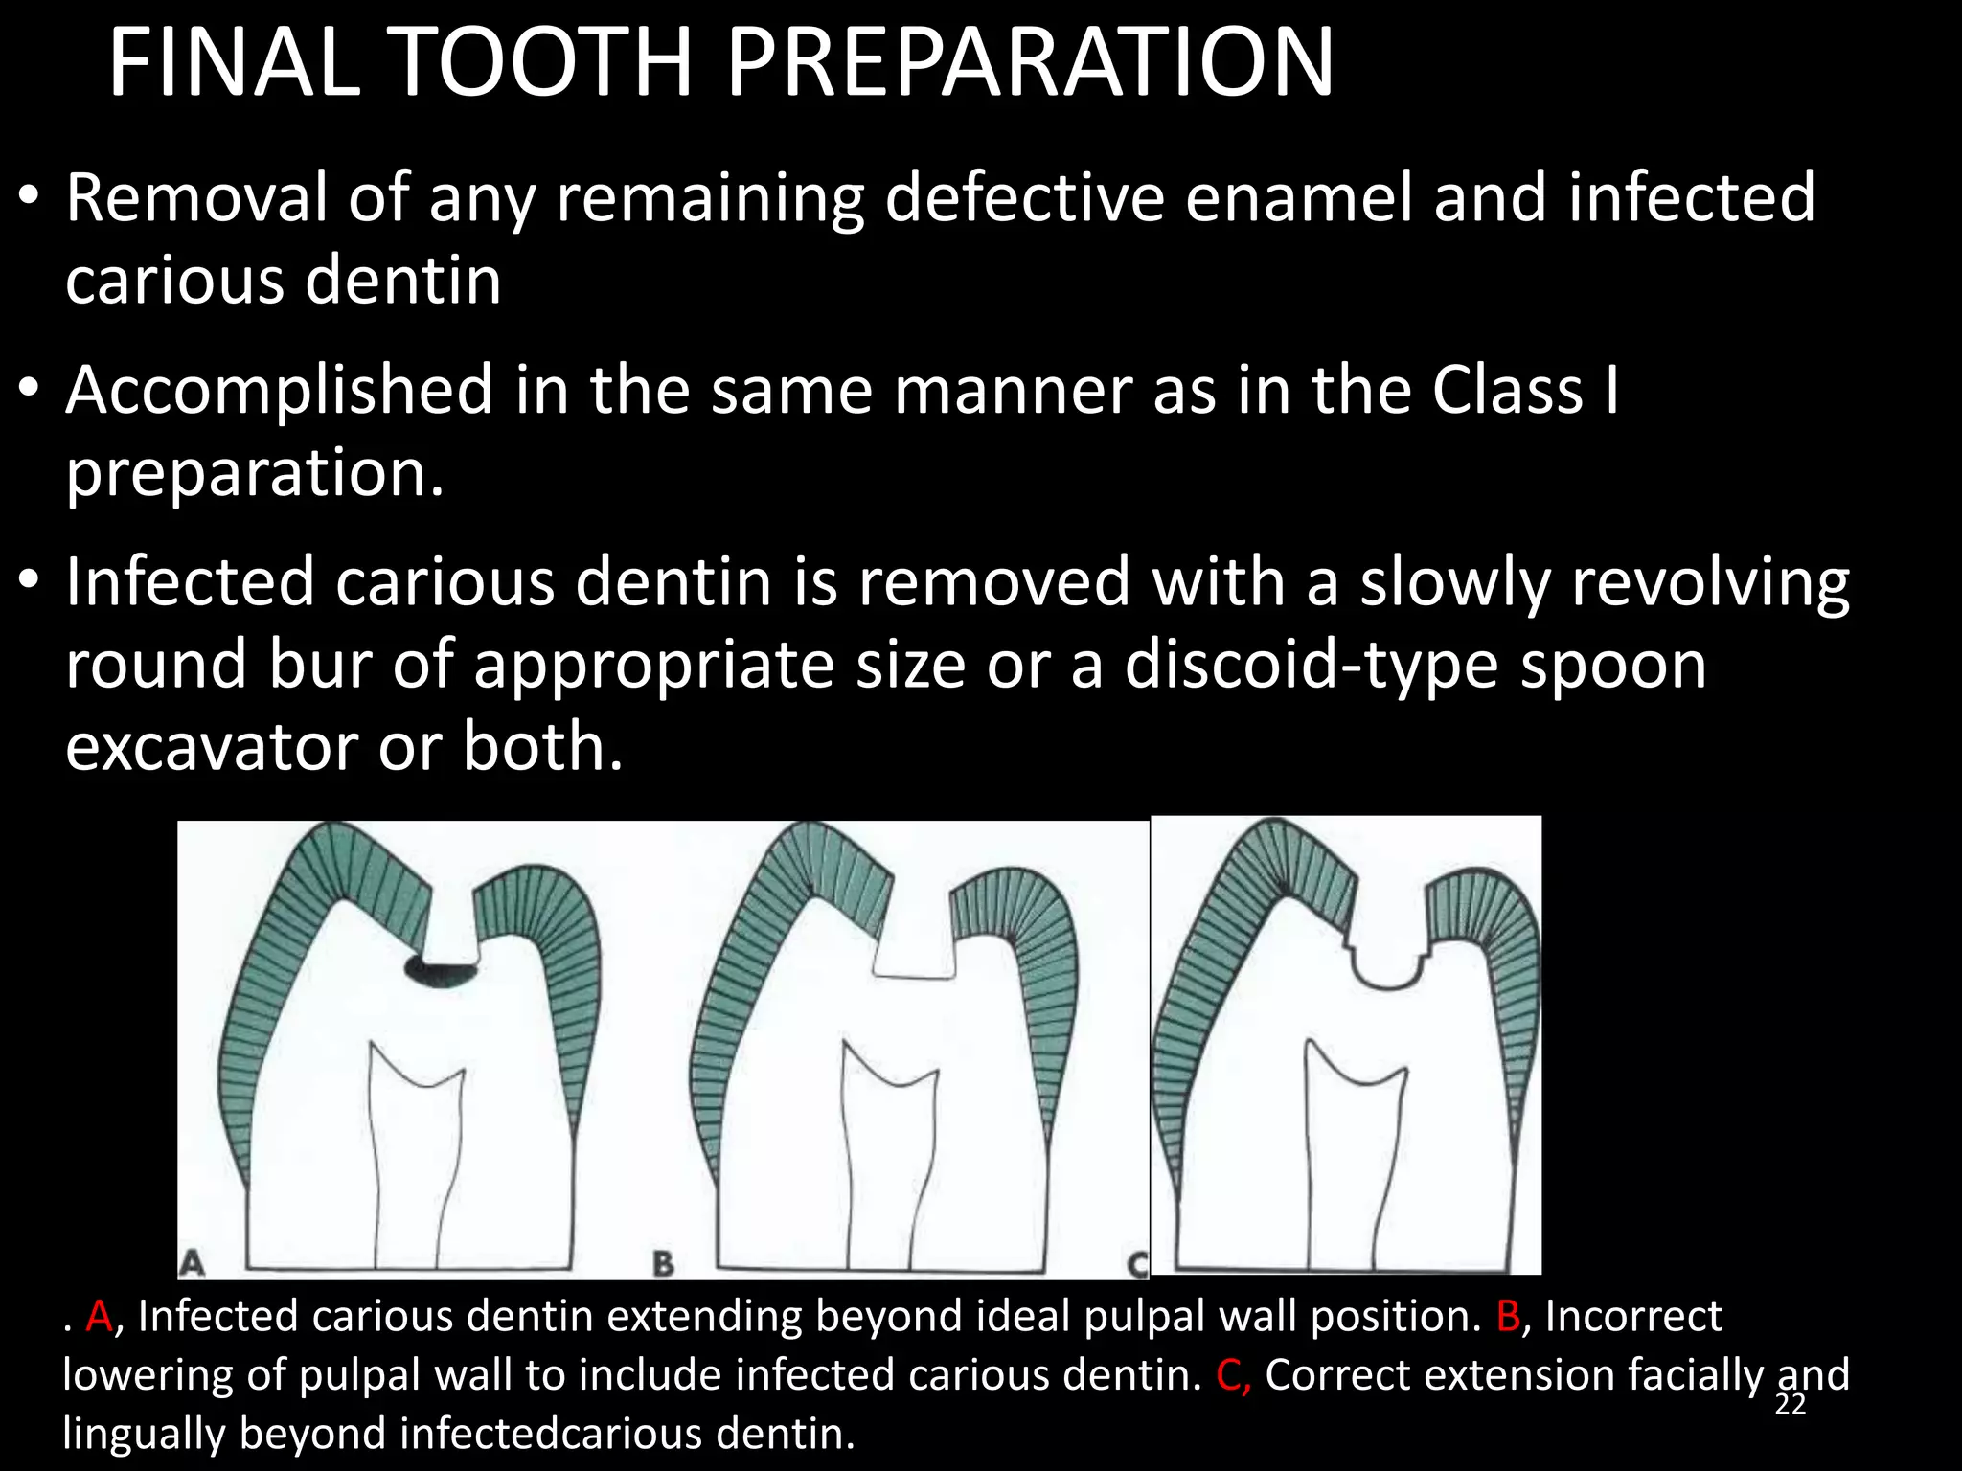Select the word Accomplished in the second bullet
[279, 392]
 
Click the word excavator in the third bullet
[211, 747]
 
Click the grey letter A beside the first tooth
[193, 1262]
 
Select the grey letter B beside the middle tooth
[663, 1263]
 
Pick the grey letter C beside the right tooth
[1137, 1264]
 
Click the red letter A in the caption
[99, 1317]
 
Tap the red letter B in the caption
[1508, 1317]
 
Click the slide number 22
[1790, 1404]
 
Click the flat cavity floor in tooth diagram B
[914, 976]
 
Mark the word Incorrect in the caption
[1633, 1317]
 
